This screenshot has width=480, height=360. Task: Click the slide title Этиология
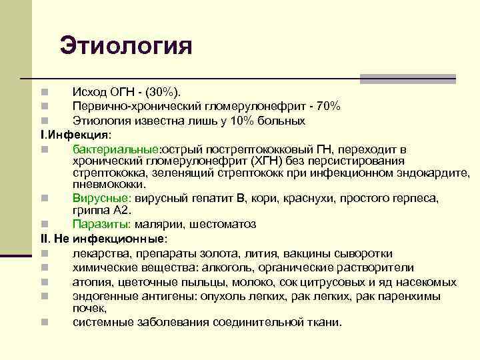[x=125, y=46]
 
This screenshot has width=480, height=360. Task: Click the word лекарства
[x=102, y=253]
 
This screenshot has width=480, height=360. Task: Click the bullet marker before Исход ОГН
[x=44, y=91]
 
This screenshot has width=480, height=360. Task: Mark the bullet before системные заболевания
[x=44, y=323]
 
